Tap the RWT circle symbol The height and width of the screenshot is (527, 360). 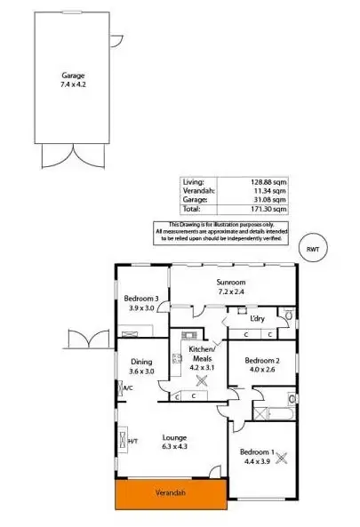click(x=312, y=250)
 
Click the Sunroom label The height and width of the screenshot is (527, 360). click(x=230, y=280)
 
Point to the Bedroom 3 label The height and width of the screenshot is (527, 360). click(x=140, y=299)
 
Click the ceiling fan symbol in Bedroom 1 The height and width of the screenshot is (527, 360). click(x=284, y=459)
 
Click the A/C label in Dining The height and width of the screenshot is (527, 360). click(x=127, y=388)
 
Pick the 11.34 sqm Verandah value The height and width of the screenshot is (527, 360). click(x=272, y=191)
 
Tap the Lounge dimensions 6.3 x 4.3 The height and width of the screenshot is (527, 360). click(x=173, y=447)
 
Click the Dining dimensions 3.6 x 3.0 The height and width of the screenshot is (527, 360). click(x=141, y=371)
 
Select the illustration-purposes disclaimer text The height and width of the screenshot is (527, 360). click(x=237, y=231)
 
